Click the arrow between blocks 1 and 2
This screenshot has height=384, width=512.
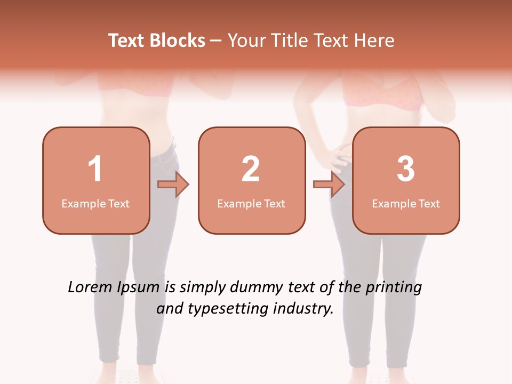tap(173, 185)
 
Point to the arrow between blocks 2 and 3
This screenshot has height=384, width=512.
tap(329, 185)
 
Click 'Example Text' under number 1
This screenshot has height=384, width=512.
tap(95, 203)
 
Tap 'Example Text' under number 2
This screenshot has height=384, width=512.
tap(251, 203)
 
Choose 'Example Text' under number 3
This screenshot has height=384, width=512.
tap(406, 203)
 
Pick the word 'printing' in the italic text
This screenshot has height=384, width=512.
tap(393, 288)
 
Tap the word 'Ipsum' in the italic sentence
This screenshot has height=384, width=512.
tap(139, 288)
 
